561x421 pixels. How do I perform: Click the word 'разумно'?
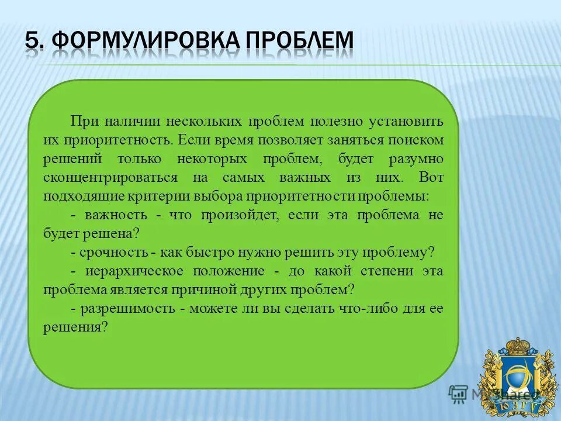(415, 159)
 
